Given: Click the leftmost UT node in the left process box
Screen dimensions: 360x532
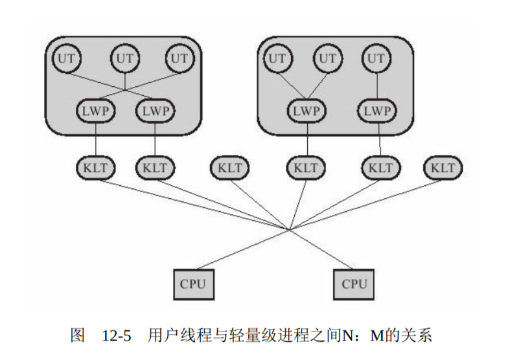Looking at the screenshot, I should [66, 58].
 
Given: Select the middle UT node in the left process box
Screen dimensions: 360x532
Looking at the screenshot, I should [124, 58].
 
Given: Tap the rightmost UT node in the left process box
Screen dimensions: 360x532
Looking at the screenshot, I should [179, 58].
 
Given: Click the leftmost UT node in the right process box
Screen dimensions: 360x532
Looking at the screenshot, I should [277, 58].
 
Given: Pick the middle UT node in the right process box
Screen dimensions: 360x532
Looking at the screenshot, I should [329, 58].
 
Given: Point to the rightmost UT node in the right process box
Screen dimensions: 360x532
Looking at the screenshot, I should [376, 58].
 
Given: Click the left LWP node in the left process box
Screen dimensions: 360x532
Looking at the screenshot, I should [97, 110].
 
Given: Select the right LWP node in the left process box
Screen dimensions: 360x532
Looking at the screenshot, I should [155, 110].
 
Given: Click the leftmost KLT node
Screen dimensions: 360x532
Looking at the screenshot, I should [97, 168].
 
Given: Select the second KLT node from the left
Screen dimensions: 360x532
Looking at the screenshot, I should [155, 168].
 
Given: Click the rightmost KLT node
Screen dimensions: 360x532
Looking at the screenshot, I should [443, 168].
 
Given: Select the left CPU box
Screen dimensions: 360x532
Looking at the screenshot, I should [193, 284].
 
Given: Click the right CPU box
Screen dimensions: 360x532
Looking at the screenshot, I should [354, 284].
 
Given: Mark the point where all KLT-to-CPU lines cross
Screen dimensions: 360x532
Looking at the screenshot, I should [290, 229].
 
